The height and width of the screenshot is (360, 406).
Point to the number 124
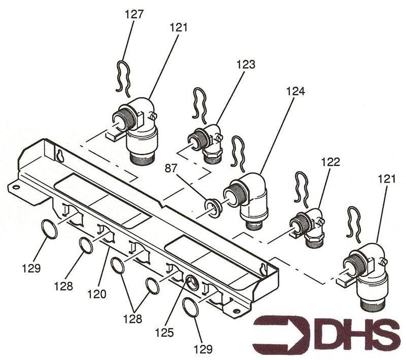(x=295, y=91)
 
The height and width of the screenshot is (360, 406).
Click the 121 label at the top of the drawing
(x=178, y=28)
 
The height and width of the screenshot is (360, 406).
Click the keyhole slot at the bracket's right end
(x=262, y=268)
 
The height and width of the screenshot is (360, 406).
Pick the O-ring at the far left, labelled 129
(x=49, y=229)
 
